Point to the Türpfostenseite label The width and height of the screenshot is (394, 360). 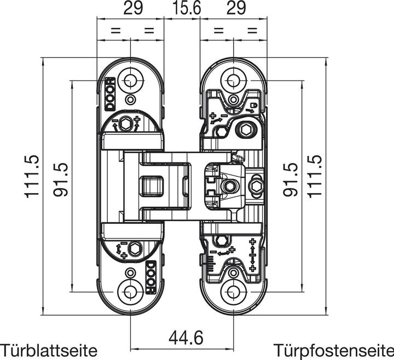click(333, 350)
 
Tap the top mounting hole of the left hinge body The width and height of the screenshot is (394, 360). click(130, 80)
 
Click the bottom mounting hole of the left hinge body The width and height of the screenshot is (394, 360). click(130, 291)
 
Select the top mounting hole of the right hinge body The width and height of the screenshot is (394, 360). click(234, 80)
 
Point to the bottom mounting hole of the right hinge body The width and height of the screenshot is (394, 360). click(234, 291)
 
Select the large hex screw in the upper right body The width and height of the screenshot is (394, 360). click(245, 130)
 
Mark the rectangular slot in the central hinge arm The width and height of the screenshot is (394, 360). click(153, 186)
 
